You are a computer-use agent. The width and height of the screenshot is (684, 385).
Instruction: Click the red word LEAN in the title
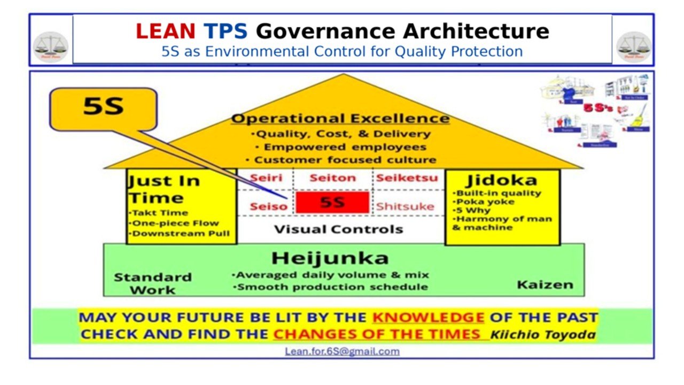pyautogui.click(x=165, y=32)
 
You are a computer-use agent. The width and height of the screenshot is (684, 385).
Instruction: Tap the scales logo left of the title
pyautogui.click(x=51, y=47)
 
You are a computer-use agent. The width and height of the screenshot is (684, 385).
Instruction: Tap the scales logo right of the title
pyautogui.click(x=634, y=47)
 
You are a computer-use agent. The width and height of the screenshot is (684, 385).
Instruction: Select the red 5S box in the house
pyautogui.click(x=332, y=203)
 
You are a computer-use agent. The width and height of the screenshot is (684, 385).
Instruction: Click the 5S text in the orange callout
pyautogui.click(x=103, y=107)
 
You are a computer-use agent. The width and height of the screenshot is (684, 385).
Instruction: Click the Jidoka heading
pyautogui.click(x=501, y=180)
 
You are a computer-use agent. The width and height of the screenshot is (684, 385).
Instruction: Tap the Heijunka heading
pyautogui.click(x=330, y=258)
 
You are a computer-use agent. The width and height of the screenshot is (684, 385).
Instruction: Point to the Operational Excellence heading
pyautogui.click(x=340, y=118)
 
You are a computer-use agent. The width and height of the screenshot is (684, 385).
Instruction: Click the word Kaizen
pyautogui.click(x=545, y=284)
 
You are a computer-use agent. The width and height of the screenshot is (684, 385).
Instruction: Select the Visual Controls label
pyautogui.click(x=338, y=229)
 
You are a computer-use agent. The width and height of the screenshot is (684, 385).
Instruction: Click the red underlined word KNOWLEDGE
pyautogui.click(x=428, y=317)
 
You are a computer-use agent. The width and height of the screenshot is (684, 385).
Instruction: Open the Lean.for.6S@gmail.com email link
pyautogui.click(x=342, y=351)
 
